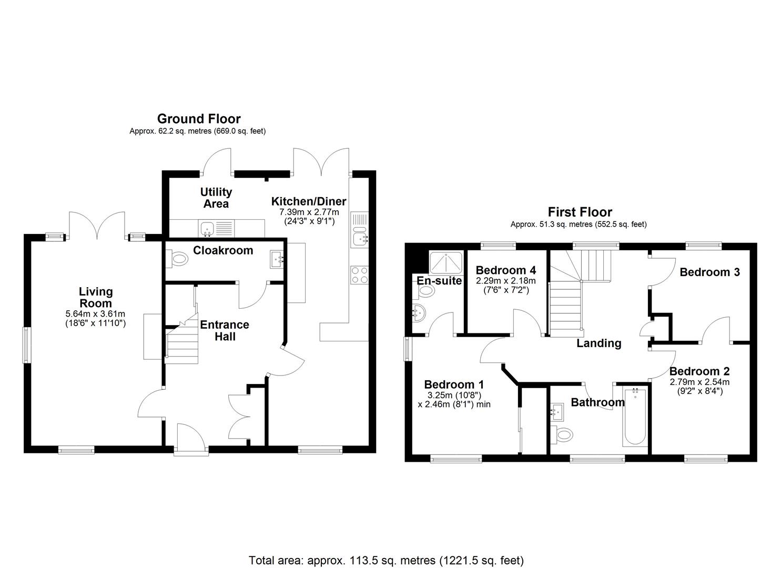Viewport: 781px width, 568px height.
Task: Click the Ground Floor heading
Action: click(x=199, y=119)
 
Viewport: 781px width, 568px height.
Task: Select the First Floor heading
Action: click(x=580, y=212)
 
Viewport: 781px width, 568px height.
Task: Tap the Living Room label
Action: click(x=96, y=297)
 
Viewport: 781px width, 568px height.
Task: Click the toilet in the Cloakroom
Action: click(x=179, y=258)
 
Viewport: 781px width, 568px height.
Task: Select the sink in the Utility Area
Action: click(x=207, y=228)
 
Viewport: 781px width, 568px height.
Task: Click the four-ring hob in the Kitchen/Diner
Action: click(x=359, y=275)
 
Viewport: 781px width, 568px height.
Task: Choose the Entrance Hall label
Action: click(x=225, y=330)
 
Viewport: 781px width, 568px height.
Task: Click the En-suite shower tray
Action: click(x=446, y=261)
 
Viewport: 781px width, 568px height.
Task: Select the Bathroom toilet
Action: click(x=563, y=434)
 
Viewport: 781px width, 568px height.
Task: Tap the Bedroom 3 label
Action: click(x=709, y=272)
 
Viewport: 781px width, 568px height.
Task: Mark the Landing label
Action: click(x=599, y=343)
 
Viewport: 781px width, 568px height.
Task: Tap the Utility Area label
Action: click(x=216, y=198)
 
